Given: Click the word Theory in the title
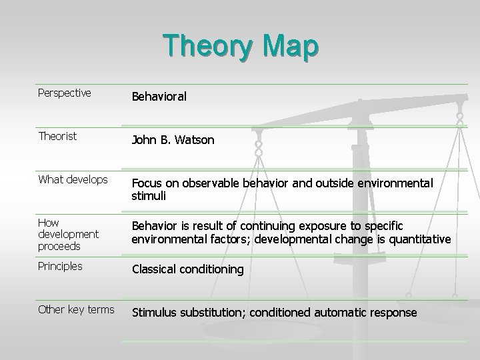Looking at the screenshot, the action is click(x=205, y=46).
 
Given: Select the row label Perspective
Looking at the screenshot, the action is click(x=65, y=93).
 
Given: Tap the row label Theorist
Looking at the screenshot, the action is click(x=57, y=136).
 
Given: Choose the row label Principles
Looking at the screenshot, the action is click(x=61, y=266).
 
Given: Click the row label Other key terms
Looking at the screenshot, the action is click(x=76, y=309).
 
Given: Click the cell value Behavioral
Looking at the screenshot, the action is click(x=159, y=97).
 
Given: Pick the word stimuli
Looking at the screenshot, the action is click(x=148, y=196).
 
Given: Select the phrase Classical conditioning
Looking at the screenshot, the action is click(x=187, y=270).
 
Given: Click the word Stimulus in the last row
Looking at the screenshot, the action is click(x=154, y=313).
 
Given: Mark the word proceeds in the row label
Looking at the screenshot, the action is click(x=59, y=247).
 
